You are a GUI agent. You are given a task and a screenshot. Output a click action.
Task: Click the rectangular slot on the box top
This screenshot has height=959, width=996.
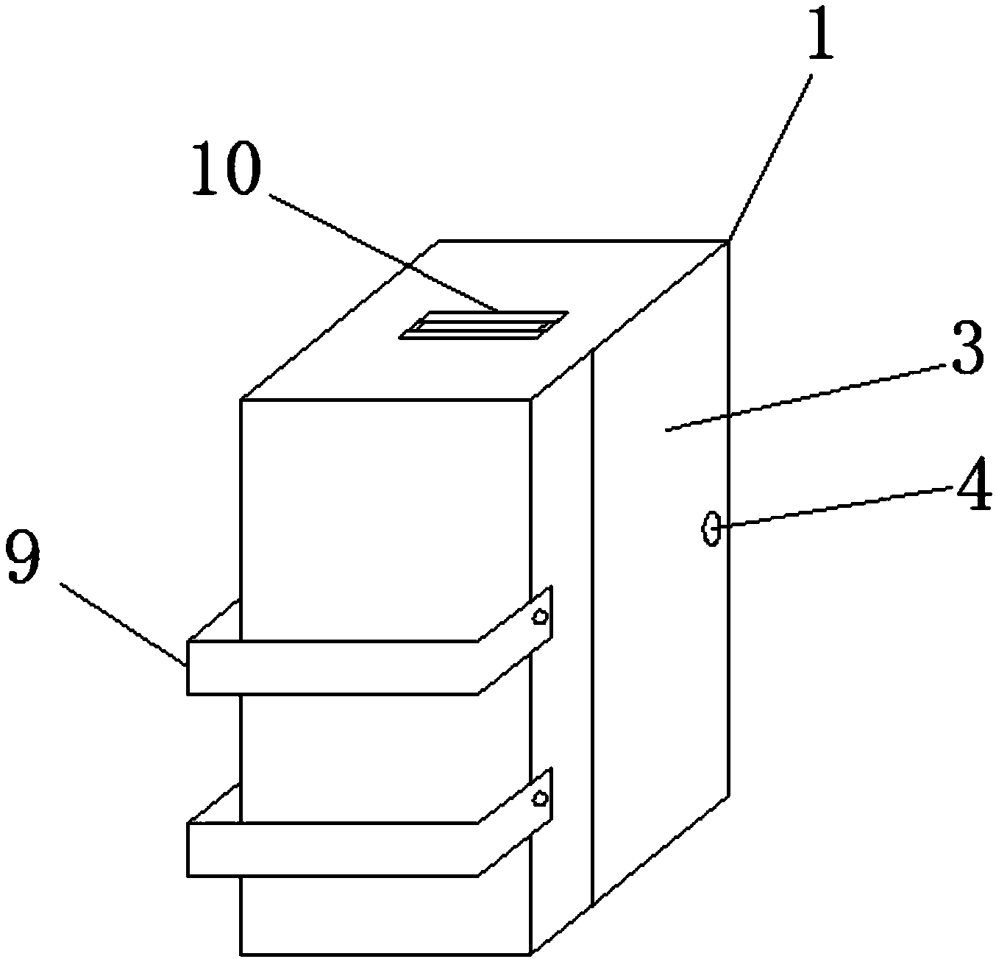click(483, 325)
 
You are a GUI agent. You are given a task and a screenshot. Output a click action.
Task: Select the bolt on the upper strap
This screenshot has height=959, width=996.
click(541, 617)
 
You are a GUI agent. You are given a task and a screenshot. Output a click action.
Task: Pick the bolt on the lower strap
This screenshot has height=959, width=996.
click(541, 798)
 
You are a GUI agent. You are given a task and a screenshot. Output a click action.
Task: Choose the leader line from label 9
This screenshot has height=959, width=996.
click(121, 623)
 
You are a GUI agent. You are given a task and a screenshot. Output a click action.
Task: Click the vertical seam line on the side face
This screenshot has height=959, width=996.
click(593, 626)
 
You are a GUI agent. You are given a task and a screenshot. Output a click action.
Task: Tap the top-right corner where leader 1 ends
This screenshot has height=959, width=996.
click(728, 241)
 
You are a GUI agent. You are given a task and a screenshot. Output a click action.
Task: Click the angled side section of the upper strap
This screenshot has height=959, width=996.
click(515, 640)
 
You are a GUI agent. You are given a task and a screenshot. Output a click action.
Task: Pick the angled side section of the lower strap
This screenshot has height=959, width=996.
click(515, 823)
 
